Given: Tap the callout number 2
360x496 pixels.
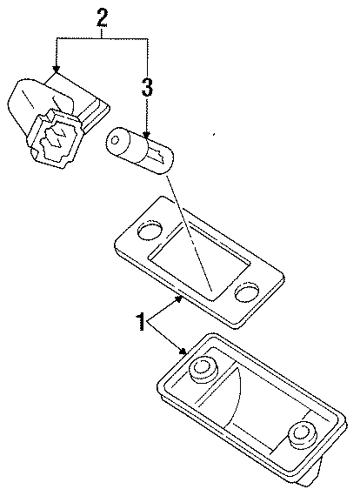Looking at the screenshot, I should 102,17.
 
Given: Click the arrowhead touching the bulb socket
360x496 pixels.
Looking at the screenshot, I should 56,70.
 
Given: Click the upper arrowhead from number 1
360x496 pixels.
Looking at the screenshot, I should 177,298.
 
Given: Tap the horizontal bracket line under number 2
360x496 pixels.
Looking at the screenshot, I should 102,37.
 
